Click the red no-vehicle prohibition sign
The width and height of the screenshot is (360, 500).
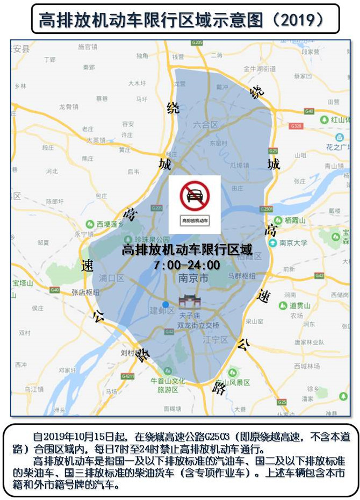pos(194,195)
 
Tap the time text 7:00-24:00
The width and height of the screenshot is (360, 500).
pos(186,265)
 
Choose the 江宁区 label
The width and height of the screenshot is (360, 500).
pos(217,340)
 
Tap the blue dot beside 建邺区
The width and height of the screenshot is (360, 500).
pos(165,304)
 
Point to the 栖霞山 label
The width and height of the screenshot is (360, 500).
pos(294,220)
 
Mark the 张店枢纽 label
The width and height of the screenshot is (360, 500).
pos(85,292)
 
